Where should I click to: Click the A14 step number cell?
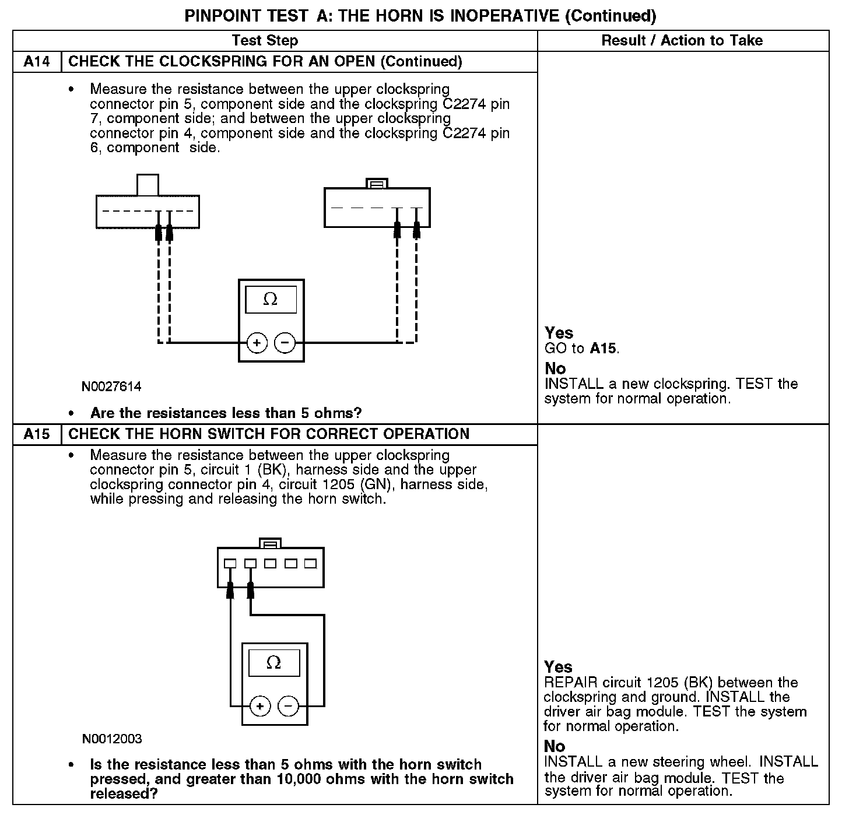[x=37, y=62]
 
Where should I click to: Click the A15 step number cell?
[x=37, y=434]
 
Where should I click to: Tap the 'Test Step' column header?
[x=265, y=41]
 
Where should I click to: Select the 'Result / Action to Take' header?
[x=682, y=41]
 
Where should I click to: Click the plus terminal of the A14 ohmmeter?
[x=257, y=343]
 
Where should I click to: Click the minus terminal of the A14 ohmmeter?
[x=285, y=343]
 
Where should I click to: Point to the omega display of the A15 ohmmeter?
[x=273, y=663]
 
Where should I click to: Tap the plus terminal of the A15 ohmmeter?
[x=260, y=707]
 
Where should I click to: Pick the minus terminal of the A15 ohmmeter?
[x=288, y=707]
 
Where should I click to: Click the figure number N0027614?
[x=111, y=387]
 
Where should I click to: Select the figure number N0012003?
[x=112, y=739]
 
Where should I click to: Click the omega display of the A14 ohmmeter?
[x=271, y=300]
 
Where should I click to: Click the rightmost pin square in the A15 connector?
[x=310, y=564]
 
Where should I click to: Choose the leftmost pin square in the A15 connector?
[x=230, y=564]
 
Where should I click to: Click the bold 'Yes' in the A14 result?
[x=559, y=333]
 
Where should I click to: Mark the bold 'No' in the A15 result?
[x=555, y=746]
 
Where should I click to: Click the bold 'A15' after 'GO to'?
[x=603, y=349]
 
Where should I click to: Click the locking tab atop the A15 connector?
[x=270, y=543]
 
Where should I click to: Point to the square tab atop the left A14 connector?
[x=147, y=185]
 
